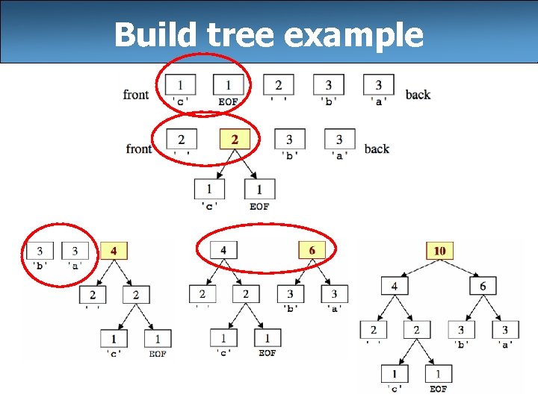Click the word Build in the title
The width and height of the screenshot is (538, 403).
(x=155, y=34)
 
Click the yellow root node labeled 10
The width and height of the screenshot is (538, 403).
(x=439, y=251)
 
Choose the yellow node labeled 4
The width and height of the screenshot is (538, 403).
(x=114, y=252)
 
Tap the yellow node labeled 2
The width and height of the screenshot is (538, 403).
(x=235, y=140)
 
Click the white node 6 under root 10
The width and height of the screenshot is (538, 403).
(x=482, y=286)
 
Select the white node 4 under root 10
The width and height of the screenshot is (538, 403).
(x=394, y=286)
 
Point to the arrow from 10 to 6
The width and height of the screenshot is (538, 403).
(x=462, y=269)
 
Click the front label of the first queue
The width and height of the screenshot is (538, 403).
(x=136, y=95)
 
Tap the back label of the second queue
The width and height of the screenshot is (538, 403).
(x=377, y=149)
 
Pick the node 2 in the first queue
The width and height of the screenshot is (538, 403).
(x=278, y=85)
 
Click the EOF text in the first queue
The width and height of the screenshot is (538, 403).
(x=228, y=101)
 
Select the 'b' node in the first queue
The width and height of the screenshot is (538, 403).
(x=328, y=85)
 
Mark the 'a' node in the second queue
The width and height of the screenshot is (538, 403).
(x=339, y=140)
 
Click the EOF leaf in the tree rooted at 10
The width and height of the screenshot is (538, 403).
(x=439, y=374)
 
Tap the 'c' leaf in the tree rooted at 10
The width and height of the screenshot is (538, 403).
(x=395, y=374)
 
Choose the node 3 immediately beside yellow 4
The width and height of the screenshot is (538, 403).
(x=75, y=252)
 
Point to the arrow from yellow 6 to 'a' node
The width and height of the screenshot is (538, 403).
(x=323, y=272)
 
